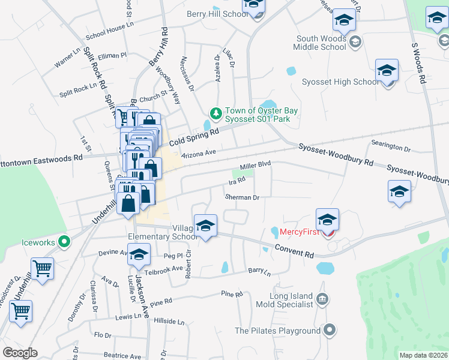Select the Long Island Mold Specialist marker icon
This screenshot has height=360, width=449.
pos(322,298)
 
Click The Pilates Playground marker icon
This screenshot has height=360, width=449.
pos(329,330)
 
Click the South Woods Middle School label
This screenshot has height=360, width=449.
pos(321,43)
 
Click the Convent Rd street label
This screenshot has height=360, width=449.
pos(295,251)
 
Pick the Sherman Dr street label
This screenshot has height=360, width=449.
pos(241,197)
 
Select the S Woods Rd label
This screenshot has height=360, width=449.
pos(418,62)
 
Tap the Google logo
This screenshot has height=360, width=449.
pos(20,353)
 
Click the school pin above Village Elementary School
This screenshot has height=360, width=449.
pos(205,227)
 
